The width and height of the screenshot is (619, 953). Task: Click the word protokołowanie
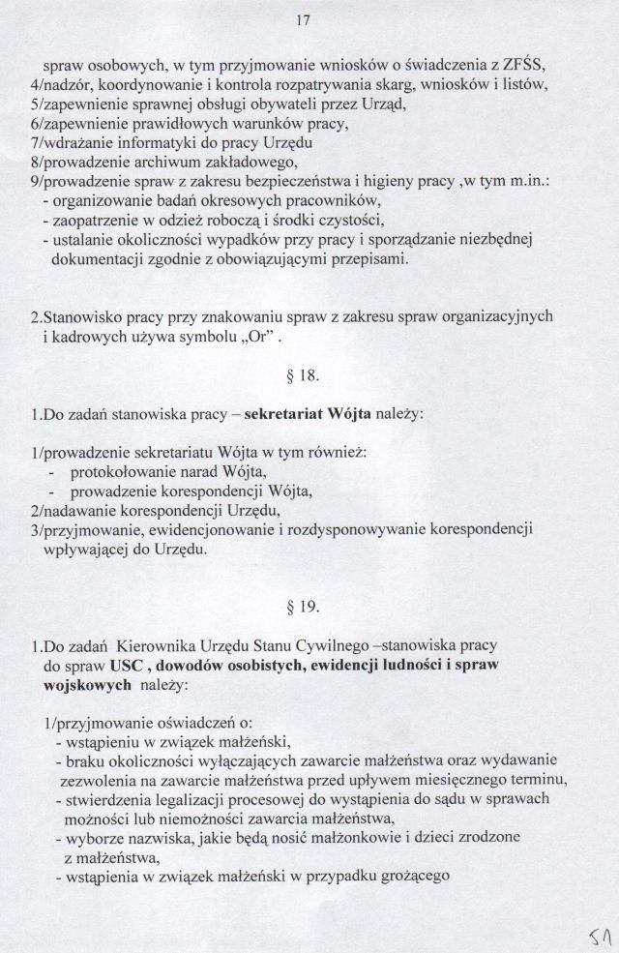(x=130, y=471)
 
